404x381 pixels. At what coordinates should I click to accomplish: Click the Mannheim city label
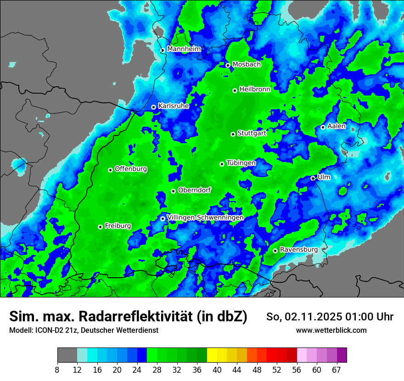184,49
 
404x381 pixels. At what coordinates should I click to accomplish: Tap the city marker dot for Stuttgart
233,134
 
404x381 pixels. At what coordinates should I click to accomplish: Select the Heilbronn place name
255,89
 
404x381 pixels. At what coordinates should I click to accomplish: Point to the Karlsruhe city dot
154,107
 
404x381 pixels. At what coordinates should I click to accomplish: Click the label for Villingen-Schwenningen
205,217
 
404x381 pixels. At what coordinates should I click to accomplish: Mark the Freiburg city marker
100,227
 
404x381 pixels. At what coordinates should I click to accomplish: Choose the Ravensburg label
298,249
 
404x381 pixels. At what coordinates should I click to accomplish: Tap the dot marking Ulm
313,178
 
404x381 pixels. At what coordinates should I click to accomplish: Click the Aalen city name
337,126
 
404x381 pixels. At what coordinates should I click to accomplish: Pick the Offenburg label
131,168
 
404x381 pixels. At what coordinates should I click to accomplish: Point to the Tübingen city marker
222,164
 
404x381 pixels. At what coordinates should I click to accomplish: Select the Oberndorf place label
194,190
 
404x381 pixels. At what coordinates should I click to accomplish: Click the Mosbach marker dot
228,65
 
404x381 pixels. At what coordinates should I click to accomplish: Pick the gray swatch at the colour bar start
67,355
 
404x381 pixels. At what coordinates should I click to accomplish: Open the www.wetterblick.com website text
331,330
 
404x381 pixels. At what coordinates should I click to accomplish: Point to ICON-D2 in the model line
48,330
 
